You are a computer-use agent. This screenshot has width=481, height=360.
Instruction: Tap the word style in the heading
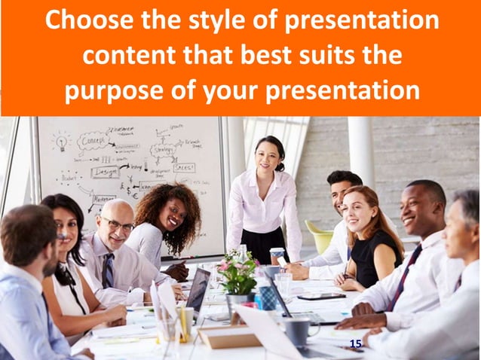click(x=195, y=20)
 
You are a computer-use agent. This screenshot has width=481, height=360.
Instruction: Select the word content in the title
click(x=127, y=56)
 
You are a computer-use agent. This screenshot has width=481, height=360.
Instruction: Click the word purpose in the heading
click(x=113, y=91)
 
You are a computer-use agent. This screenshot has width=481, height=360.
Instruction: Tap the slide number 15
click(x=356, y=343)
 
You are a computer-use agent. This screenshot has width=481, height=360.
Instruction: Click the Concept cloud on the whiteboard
click(x=93, y=142)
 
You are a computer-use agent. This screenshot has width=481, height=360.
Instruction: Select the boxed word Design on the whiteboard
click(x=105, y=172)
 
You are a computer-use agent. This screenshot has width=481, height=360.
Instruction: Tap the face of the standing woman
click(x=267, y=155)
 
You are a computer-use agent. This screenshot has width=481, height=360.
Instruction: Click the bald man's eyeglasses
click(x=118, y=225)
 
